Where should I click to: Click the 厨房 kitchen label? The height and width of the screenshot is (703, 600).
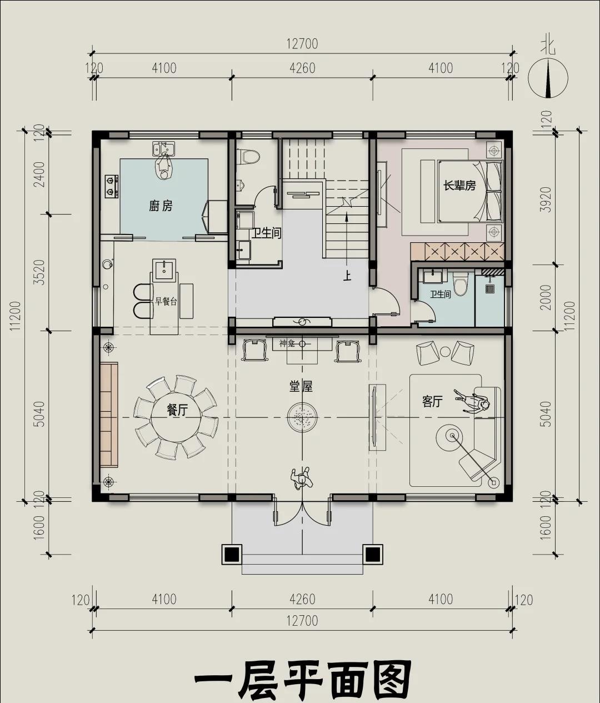(x=161, y=206)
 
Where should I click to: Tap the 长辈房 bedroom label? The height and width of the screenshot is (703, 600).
(x=459, y=186)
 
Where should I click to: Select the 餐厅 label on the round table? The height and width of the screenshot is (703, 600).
(x=177, y=410)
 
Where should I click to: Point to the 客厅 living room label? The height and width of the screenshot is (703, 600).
(x=432, y=402)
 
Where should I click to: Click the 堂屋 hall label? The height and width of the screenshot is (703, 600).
(x=301, y=386)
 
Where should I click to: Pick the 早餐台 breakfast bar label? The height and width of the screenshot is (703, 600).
(x=166, y=301)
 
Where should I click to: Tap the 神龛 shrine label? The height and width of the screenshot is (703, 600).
(x=287, y=343)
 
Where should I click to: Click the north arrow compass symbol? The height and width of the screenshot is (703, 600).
(x=548, y=78)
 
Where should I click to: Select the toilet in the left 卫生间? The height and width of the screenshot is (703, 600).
(x=250, y=157)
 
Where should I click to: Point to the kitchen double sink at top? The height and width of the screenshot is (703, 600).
(x=163, y=148)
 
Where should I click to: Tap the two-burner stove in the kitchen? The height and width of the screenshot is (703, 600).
(x=112, y=186)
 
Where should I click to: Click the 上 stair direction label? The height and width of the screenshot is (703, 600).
(x=347, y=276)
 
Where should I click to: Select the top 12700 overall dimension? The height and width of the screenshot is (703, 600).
(x=302, y=44)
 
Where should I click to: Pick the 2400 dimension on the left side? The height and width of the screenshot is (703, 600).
(x=40, y=174)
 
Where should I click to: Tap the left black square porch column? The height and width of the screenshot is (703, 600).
(x=232, y=554)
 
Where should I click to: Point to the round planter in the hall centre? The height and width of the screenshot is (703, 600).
(x=302, y=417)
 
